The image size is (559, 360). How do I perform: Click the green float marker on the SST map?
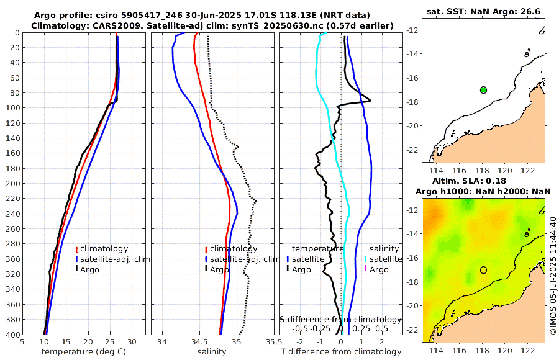(483, 90)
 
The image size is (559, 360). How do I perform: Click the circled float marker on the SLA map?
(483, 269)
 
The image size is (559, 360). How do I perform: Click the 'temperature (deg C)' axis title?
(84, 352)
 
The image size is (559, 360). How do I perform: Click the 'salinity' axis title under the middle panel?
(212, 352)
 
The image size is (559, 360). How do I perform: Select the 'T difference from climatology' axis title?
(340, 352)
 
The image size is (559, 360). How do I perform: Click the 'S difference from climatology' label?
(340, 319)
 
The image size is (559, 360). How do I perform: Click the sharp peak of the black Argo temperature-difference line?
(371, 100)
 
